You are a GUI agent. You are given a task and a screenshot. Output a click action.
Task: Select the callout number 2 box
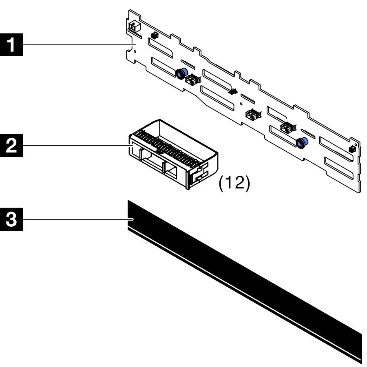13,145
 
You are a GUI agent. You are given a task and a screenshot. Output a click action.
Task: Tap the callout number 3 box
13,219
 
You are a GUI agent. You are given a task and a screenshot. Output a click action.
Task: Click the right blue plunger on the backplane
302,143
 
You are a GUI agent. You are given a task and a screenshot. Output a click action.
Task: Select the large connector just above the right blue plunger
287,128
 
